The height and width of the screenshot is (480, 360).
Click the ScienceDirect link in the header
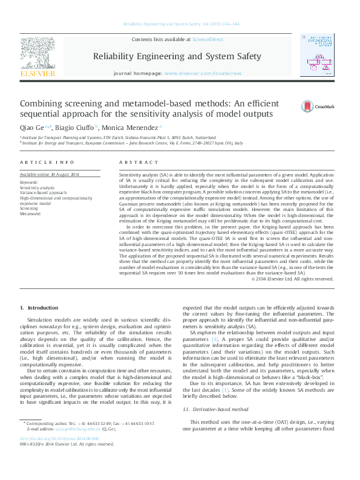click(x=208, y=39)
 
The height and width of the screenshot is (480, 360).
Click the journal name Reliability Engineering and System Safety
click(x=177, y=56)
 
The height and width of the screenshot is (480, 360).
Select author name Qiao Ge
click(x=33, y=128)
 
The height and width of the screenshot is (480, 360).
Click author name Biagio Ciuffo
click(x=74, y=128)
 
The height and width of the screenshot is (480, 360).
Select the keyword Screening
click(x=30, y=208)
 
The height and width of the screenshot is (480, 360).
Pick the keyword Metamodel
click(x=30, y=213)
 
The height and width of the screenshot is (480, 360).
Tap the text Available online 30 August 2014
click(x=49, y=175)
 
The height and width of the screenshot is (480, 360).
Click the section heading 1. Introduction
click(x=40, y=308)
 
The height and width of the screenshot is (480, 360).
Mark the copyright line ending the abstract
click(x=292, y=279)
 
